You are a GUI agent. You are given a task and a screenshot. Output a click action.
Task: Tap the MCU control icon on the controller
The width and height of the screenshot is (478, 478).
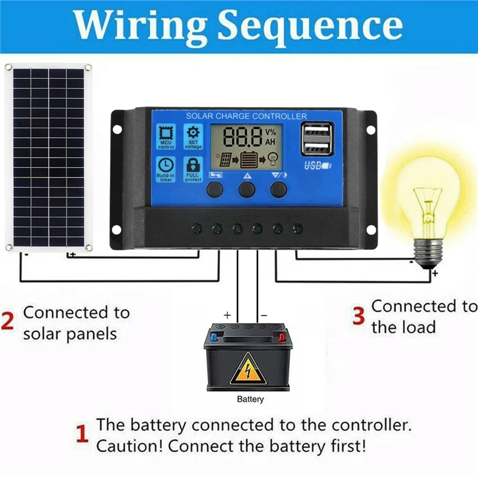click(x=166, y=137)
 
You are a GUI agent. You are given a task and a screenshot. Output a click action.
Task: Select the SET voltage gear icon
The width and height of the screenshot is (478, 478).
click(x=193, y=137)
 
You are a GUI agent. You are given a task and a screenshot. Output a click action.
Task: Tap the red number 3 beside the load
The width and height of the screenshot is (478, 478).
click(x=358, y=317)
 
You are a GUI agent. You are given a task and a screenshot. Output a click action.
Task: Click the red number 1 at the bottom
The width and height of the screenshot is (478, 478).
click(x=83, y=434)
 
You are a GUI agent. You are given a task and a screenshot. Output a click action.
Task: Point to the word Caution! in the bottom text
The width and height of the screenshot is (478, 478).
click(x=129, y=446)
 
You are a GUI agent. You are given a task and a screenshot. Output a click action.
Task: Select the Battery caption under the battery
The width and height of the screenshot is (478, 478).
click(x=250, y=399)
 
